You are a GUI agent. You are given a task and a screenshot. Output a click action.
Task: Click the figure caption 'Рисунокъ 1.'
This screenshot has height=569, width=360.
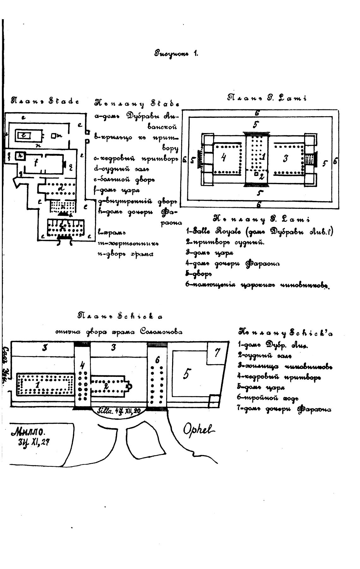click(176, 53)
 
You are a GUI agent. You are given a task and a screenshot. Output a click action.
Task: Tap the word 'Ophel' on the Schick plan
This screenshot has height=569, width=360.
click(199, 429)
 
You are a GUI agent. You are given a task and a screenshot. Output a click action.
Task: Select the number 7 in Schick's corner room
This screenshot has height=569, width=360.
click(217, 352)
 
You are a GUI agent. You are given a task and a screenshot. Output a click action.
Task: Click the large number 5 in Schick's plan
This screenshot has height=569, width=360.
click(186, 375)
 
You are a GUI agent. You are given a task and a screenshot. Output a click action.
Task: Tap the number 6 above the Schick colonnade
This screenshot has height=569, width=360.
click(157, 360)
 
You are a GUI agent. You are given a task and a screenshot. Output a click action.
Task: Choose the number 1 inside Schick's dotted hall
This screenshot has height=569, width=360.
click(38, 384)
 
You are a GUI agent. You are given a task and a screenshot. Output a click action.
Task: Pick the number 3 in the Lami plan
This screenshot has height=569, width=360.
click(285, 158)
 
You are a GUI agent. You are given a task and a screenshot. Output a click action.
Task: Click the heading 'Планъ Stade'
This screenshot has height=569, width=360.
click(45, 101)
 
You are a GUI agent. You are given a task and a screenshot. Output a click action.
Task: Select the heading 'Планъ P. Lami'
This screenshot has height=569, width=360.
click(267, 98)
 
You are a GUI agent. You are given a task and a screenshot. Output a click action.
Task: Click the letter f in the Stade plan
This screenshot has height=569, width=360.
click(36, 163)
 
